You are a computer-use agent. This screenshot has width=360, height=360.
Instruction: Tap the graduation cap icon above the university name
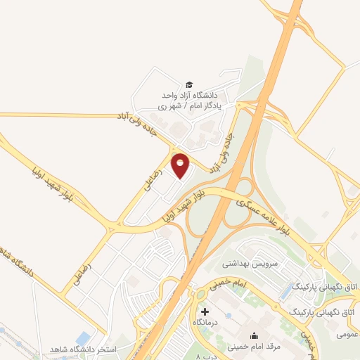(188, 84)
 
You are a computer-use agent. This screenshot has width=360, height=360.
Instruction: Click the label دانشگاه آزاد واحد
(191, 95)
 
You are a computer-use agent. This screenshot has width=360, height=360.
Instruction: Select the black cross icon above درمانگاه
(205, 311)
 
